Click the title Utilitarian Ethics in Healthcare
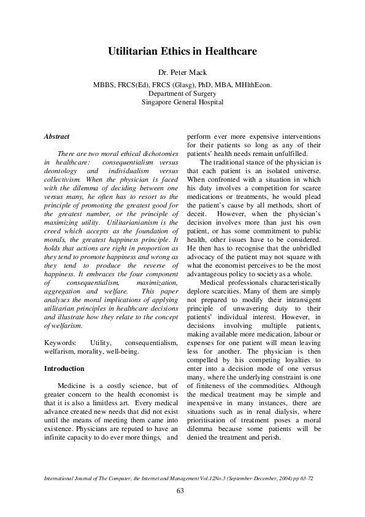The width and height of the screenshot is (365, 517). pyautogui.click(x=182, y=53)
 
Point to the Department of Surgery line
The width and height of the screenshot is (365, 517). pyautogui.click(x=182, y=93)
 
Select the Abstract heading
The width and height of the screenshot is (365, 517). pyautogui.click(x=57, y=136)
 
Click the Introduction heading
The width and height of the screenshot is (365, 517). pyautogui.click(x=65, y=369)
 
